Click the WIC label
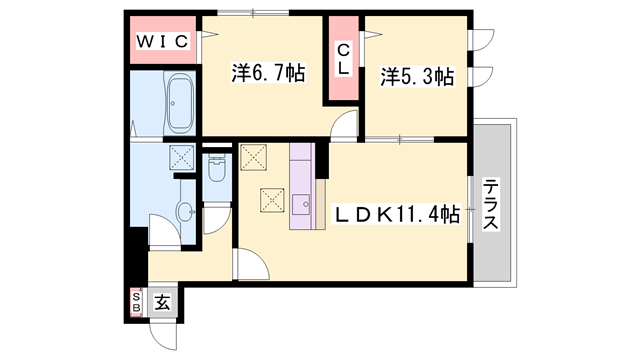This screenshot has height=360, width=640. click(164, 42)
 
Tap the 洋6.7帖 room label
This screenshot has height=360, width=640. click(268, 73)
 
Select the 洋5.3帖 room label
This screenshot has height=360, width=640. click(417, 75)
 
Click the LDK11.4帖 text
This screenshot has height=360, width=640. click(397, 213)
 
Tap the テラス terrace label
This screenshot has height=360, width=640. click(490, 206)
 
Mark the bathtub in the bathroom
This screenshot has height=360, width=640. click(180, 105)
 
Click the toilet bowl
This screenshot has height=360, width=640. click(216, 170)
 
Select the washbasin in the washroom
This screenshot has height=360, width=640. click(185, 211)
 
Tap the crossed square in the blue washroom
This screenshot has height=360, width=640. click(181, 157)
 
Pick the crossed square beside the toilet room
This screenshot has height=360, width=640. click(253, 157)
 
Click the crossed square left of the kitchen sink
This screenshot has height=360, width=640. click(272, 199)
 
